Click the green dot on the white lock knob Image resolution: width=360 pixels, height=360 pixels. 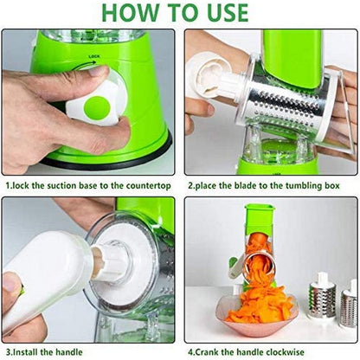click(x=97, y=108)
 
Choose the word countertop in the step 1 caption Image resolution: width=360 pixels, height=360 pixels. click(x=148, y=185)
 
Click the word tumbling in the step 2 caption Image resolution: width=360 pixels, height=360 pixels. click(x=306, y=185)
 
